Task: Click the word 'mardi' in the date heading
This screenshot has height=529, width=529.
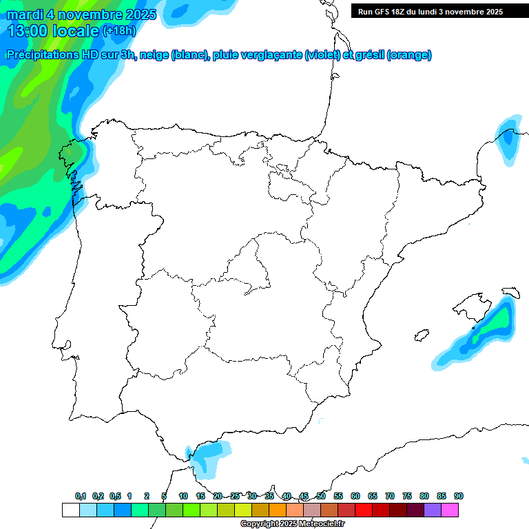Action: pos(25,14)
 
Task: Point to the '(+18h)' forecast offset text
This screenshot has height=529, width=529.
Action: pos(119,31)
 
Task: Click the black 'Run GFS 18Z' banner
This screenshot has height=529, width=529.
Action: pos(439,11)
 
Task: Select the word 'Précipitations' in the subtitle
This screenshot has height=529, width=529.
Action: pos(45,55)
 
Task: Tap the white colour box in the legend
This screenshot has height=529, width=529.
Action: pos(70,510)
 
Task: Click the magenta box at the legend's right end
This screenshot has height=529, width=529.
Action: pos(450,510)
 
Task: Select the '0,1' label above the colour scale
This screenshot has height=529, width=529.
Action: pos(81,496)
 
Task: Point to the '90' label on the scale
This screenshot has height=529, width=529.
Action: pos(459,496)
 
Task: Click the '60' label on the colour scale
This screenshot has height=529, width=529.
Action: pos(355,496)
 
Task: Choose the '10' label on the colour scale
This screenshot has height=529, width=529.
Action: pos(183,496)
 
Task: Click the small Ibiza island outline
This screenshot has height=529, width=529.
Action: pos(420,336)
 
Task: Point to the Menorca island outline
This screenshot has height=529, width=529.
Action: pos(510,292)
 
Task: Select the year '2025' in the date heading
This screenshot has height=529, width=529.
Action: pos(136,14)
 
